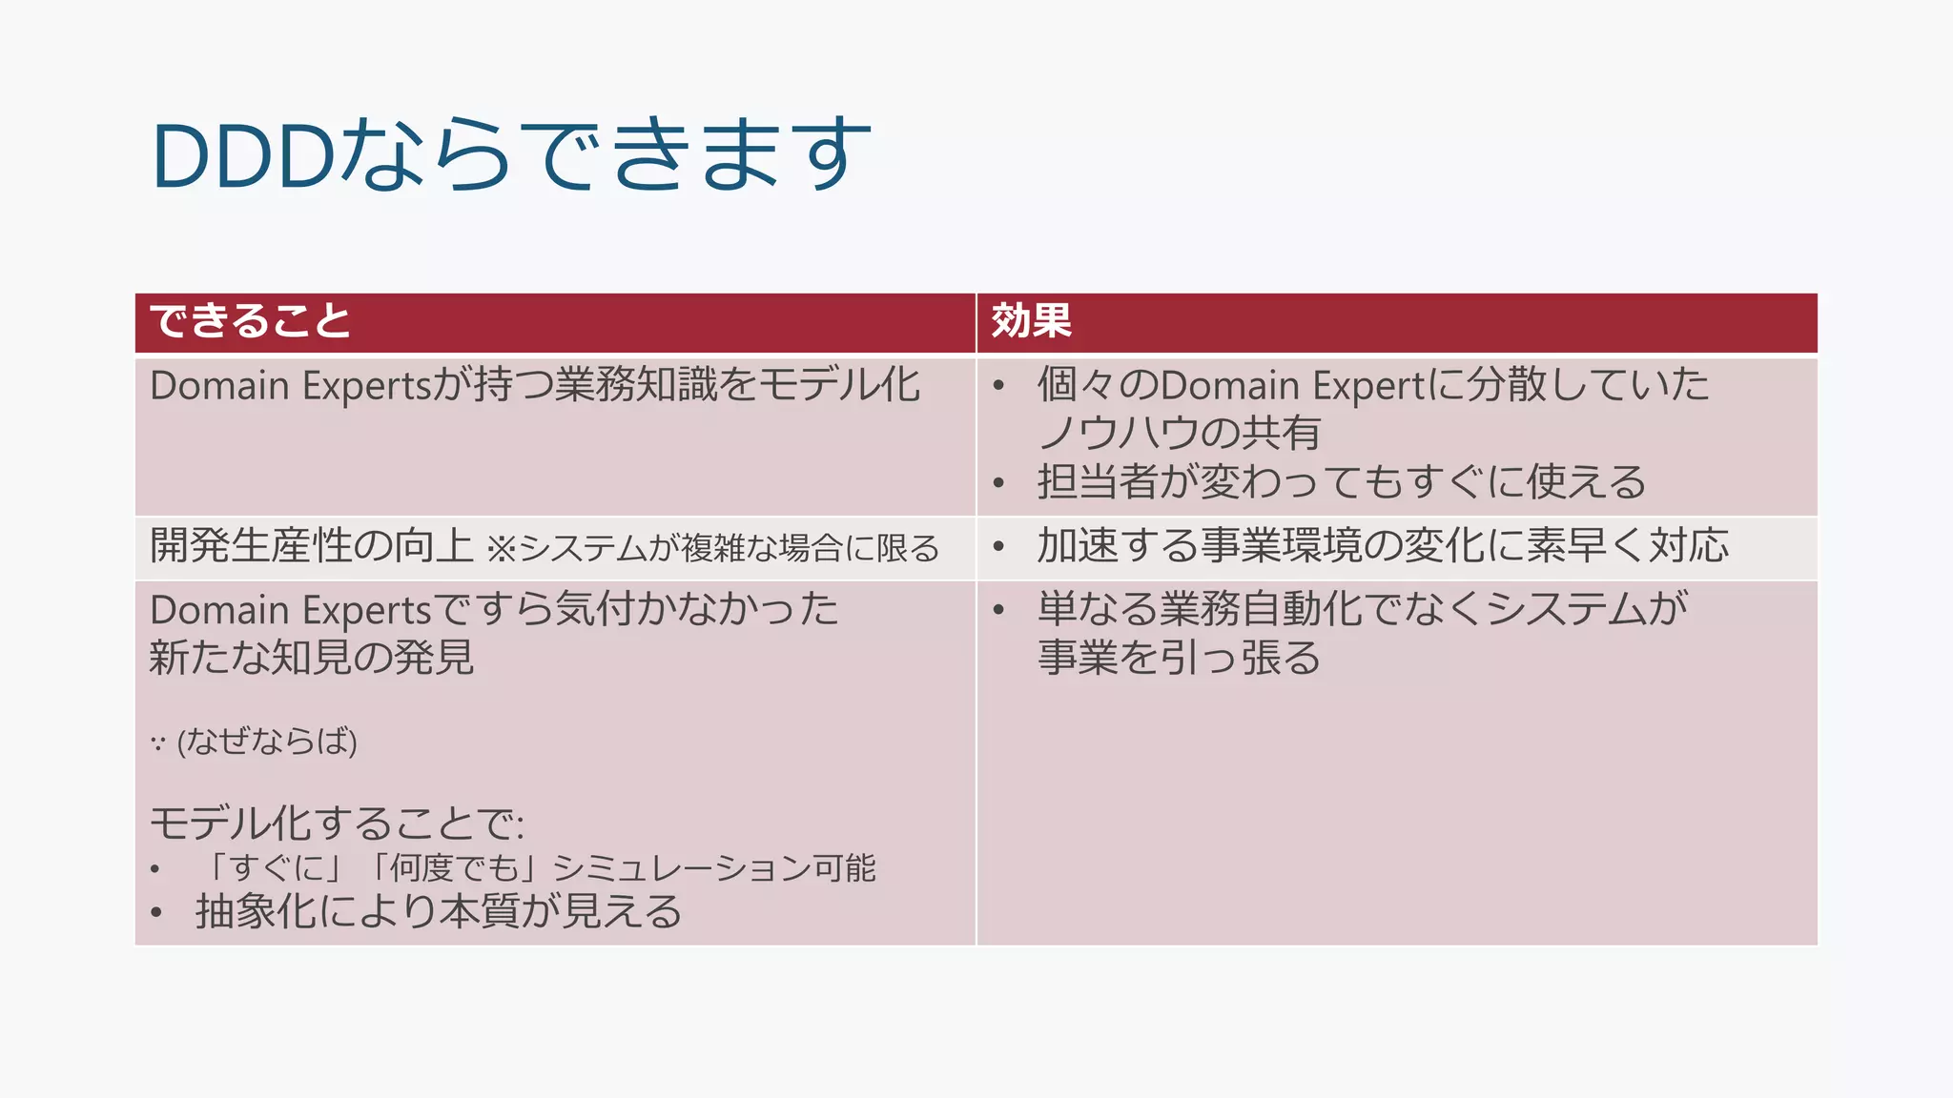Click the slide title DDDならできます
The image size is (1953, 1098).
click(511, 153)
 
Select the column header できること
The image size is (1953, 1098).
click(250, 320)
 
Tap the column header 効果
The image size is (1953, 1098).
click(1031, 320)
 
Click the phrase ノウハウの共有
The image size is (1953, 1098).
click(1179, 434)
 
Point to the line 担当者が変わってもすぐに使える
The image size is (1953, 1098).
click(1341, 482)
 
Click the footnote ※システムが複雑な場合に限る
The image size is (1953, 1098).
click(713, 548)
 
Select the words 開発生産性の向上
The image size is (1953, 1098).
click(312, 546)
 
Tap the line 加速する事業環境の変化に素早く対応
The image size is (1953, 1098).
click(1383, 546)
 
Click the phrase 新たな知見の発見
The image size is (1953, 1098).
click(312, 658)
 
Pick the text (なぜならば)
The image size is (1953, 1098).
click(267, 741)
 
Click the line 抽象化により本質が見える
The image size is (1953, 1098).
click(439, 912)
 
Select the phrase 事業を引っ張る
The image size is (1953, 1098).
click(1179, 658)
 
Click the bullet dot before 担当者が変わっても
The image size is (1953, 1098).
click(998, 483)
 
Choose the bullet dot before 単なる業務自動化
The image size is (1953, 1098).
click(998, 610)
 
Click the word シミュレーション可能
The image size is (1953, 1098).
click(713, 868)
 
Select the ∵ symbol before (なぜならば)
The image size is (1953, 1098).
click(158, 742)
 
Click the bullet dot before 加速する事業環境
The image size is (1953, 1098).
click(998, 547)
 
